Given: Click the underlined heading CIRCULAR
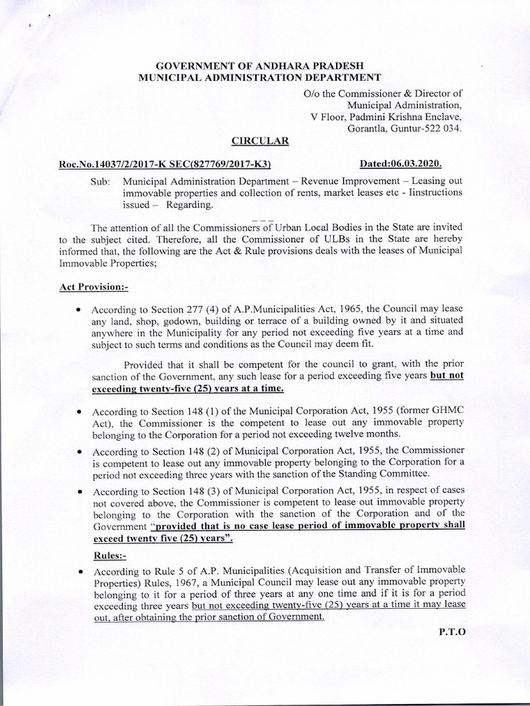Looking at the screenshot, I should [259, 141].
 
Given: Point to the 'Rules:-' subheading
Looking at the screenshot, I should [110, 554].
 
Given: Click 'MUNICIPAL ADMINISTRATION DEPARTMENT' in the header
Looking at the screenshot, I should [259, 78].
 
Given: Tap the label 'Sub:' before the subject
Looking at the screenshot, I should [100, 181].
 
